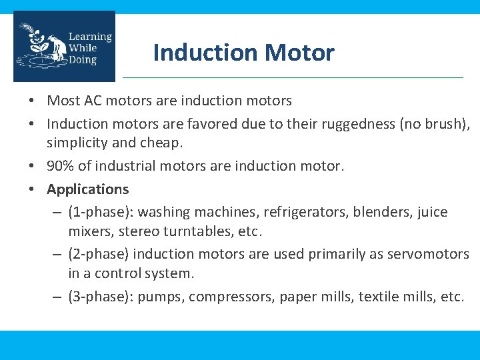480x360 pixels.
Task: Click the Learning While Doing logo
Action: pyautogui.click(x=64, y=47)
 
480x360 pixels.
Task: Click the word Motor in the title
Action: pyautogui.click(x=303, y=53)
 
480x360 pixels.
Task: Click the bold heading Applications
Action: pyautogui.click(x=87, y=189)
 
